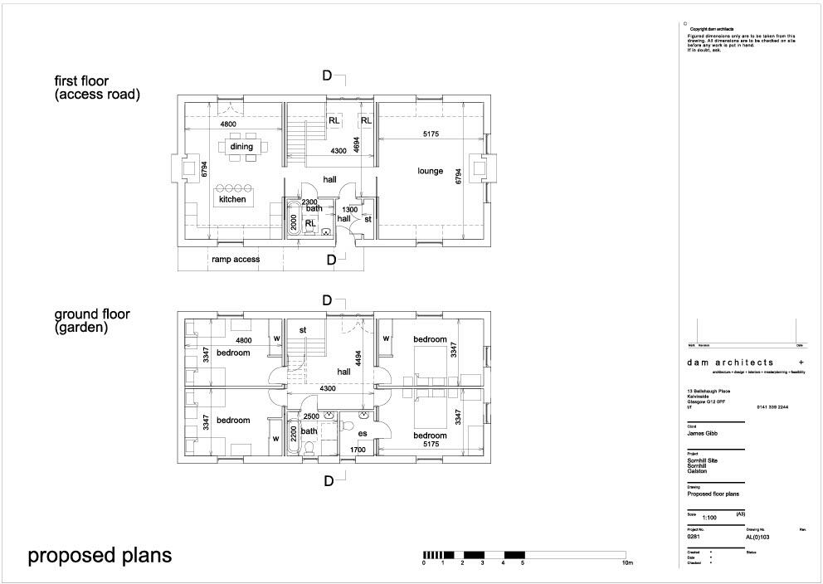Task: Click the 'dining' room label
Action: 241,147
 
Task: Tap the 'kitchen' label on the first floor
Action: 232,200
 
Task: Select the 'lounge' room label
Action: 431,171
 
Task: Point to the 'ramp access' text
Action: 236,260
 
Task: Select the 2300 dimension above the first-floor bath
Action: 309,202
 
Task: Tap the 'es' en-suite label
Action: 363,433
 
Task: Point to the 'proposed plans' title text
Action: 100,555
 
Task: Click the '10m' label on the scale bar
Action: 628,563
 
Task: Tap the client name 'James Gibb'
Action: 701,432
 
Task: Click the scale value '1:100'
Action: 709,517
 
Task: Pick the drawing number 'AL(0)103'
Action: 762,537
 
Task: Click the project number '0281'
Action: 694,537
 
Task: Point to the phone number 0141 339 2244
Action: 772,407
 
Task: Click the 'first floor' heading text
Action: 81,81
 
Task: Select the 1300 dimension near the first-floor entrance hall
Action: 350,210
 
